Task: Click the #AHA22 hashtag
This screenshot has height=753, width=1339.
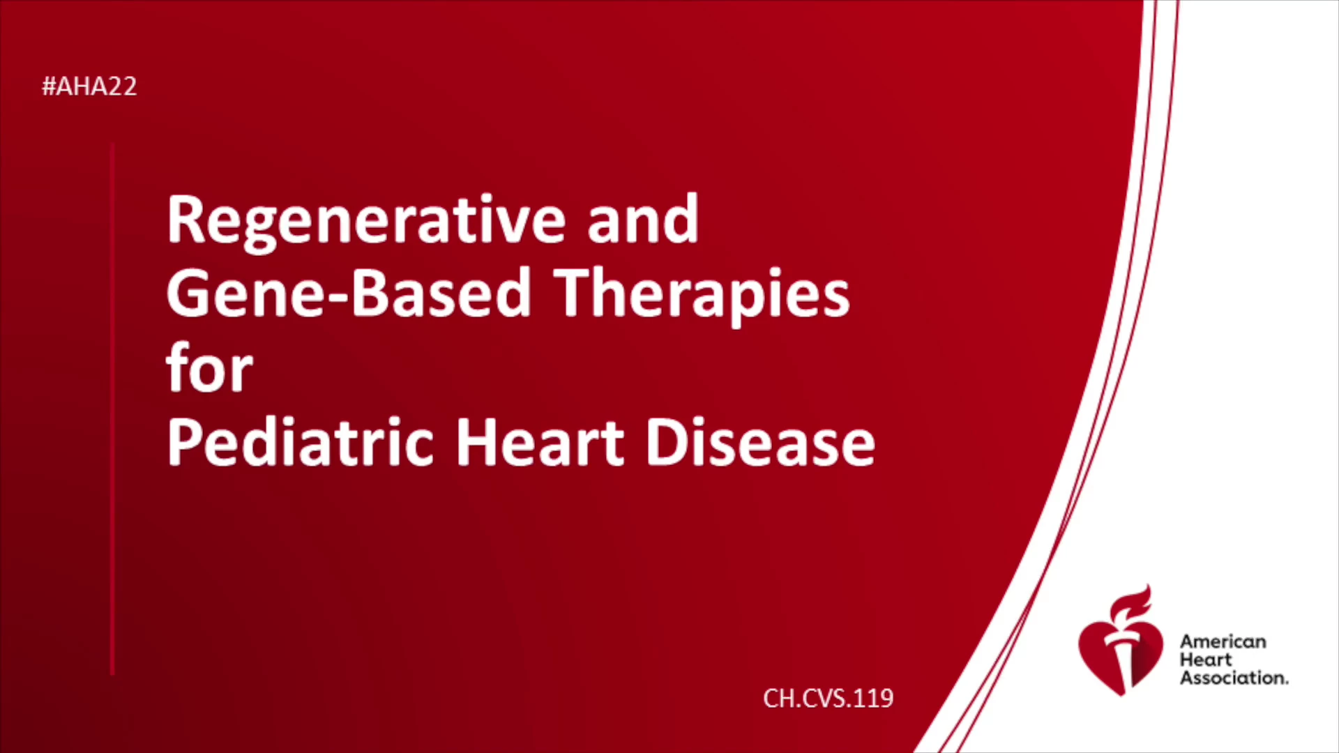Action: pos(89,86)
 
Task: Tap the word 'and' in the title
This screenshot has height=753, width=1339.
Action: pos(643,220)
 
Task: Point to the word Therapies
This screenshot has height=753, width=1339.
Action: pos(702,298)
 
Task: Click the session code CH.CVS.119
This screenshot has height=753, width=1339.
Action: pos(829,698)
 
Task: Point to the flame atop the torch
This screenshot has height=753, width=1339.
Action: pos(1131,604)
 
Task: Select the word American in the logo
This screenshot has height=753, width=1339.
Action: pos(1223,641)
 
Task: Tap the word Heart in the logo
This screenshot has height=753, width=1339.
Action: pos(1206,660)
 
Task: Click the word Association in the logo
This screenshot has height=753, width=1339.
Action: pos(1234,678)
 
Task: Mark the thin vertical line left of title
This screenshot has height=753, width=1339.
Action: pos(112,409)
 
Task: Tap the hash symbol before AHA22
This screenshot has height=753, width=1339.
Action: pos(49,86)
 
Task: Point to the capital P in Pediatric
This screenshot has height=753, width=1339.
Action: pos(183,442)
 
